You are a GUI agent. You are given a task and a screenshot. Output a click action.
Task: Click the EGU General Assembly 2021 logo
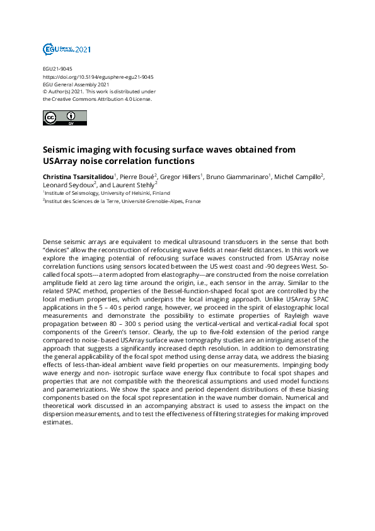point(67,49)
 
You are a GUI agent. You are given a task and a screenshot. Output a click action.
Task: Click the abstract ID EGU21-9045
point(57,68)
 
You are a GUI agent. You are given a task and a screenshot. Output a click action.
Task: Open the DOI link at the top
point(98,76)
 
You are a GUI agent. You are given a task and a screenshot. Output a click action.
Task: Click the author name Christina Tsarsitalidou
point(78,177)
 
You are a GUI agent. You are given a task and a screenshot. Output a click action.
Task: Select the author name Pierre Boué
point(137,177)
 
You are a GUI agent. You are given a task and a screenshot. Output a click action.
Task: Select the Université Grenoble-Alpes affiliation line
point(123,201)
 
